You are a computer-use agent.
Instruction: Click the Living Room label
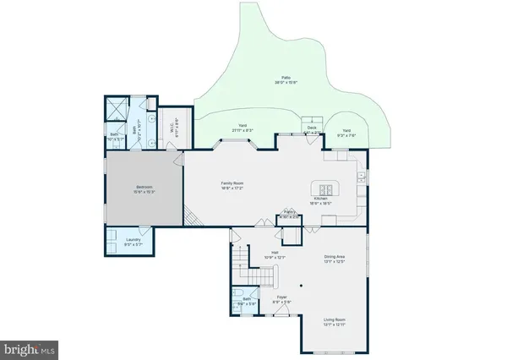click(335, 319)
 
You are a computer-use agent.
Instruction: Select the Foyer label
click(286, 297)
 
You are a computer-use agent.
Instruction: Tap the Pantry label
click(289, 212)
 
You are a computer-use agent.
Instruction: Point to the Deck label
click(312, 128)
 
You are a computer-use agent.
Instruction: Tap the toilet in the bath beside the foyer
click(236, 300)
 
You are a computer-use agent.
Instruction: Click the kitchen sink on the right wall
click(360, 177)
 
